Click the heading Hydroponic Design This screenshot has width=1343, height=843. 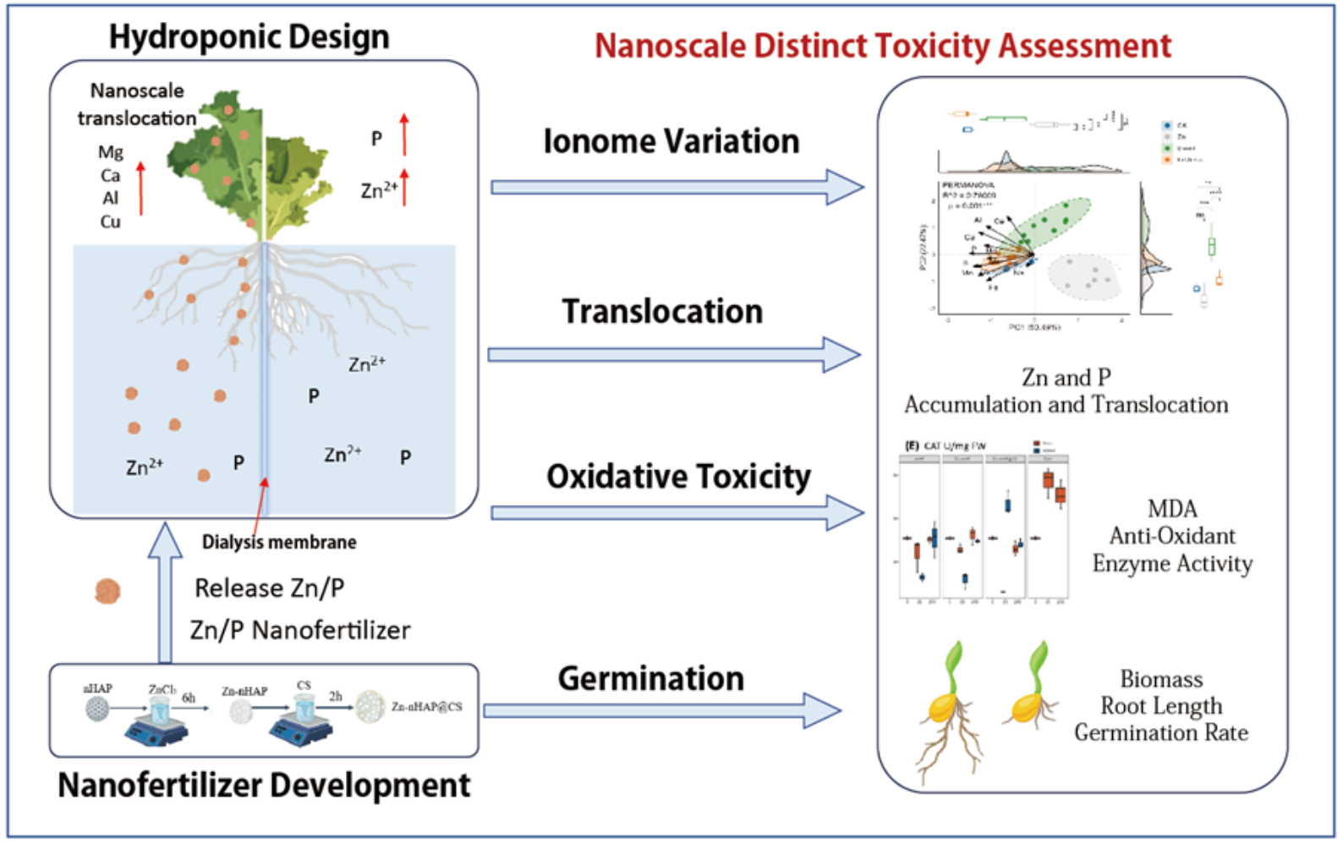[249, 37]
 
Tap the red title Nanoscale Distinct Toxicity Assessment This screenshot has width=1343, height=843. [883, 46]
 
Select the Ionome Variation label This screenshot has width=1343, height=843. [671, 141]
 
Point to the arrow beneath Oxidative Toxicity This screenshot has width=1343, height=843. [677, 512]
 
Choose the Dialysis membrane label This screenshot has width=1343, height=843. [279, 542]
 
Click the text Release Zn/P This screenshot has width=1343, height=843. [269, 588]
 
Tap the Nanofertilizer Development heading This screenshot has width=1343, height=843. [264, 786]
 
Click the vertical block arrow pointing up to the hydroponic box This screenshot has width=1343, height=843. [165, 592]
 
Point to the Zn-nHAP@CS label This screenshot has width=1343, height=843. [426, 707]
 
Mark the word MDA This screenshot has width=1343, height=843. [1172, 509]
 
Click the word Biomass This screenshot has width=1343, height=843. [1161, 679]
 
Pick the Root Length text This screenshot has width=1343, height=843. [1161, 706]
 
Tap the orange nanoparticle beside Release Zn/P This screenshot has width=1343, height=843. [107, 591]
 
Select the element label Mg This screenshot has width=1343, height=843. [110, 152]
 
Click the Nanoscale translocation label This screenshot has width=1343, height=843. [137, 104]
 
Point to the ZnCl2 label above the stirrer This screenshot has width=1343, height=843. [162, 690]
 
